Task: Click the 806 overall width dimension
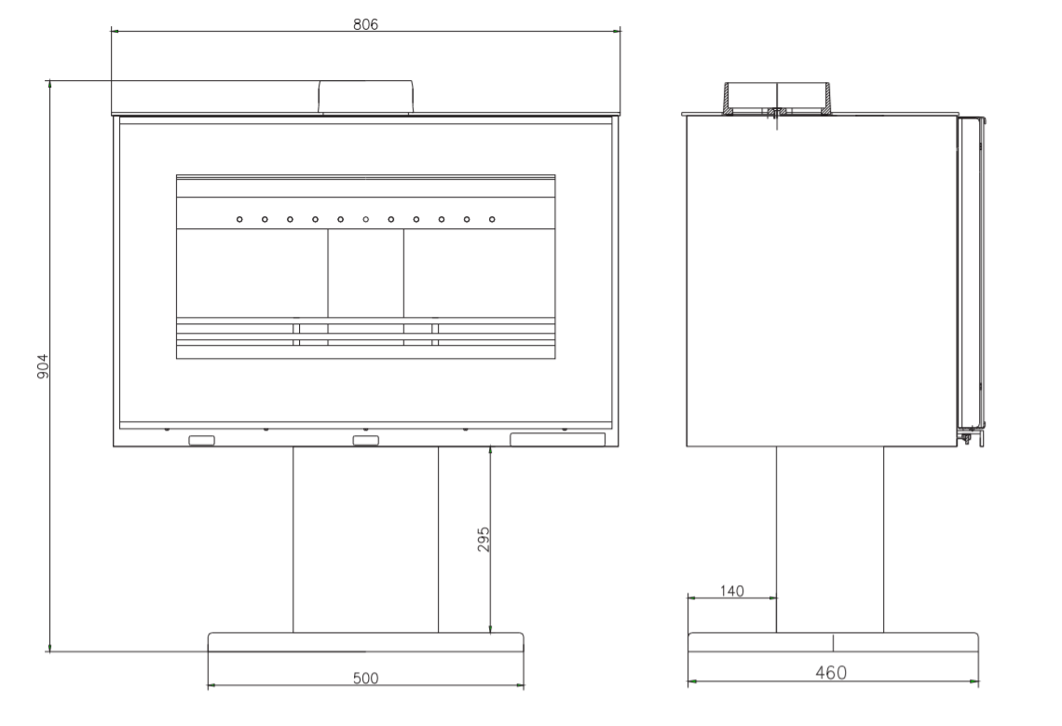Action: point(365,25)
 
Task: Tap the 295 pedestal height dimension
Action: point(483,540)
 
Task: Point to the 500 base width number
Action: point(365,678)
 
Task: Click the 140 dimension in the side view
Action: point(731,590)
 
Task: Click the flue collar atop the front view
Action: point(366,97)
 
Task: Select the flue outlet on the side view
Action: point(777,98)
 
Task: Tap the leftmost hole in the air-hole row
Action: point(240,220)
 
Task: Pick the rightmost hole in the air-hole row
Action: point(492,220)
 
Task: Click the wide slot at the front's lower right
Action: point(557,439)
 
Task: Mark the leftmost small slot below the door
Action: point(201,440)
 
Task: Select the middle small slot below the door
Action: point(365,440)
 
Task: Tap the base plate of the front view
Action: point(365,642)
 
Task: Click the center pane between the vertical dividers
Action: point(366,273)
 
